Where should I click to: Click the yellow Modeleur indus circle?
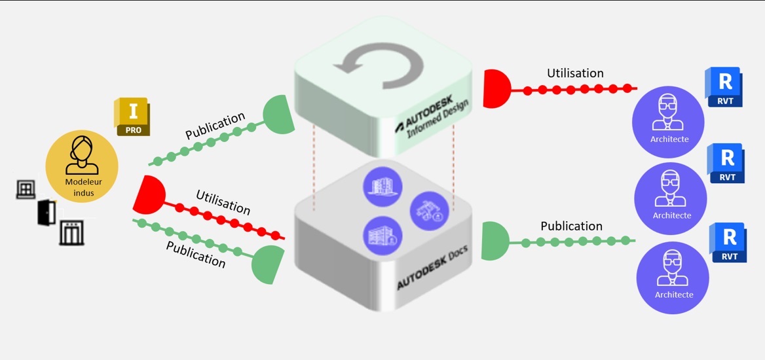[82, 166]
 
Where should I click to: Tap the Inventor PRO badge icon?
[132, 117]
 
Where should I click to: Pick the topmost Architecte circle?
[668, 122]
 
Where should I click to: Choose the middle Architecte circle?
[671, 198]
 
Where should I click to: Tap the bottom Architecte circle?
[673, 277]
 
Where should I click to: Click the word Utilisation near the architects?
[575, 73]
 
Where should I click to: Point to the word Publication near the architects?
[571, 226]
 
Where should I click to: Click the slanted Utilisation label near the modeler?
[223, 202]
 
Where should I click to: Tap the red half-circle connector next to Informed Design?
[495, 88]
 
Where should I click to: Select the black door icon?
[47, 211]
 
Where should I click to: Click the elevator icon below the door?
[71, 232]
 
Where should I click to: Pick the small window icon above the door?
[25, 189]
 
